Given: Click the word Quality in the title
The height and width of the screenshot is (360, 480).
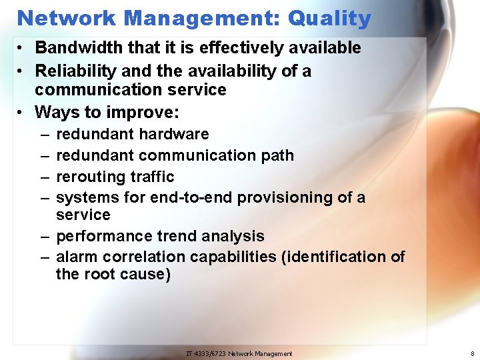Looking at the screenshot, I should (329, 18).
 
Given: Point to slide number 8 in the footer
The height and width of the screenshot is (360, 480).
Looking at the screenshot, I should (472, 353).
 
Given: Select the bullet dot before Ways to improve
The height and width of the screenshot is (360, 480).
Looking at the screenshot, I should (22, 112).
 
